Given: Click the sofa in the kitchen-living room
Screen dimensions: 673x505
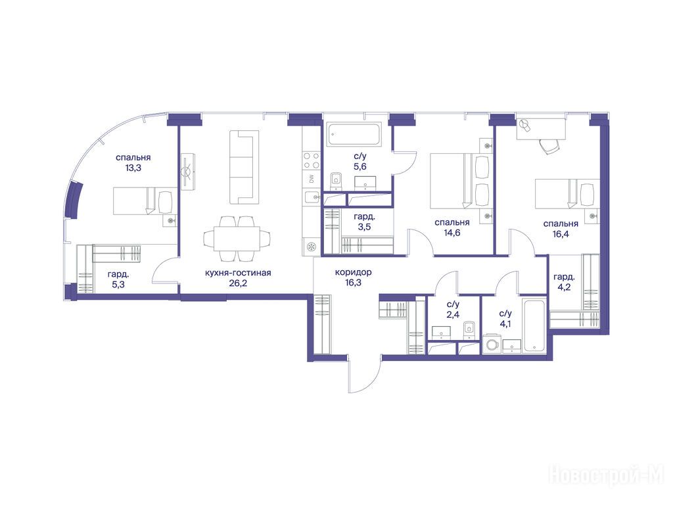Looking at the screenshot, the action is (x=244, y=167).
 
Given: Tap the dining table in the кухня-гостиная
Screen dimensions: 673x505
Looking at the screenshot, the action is (x=237, y=238).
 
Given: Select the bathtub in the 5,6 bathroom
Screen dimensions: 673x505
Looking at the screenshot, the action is (x=354, y=134).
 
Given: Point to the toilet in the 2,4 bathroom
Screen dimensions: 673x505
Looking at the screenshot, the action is (x=469, y=329).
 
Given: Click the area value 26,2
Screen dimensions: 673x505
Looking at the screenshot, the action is (x=238, y=283).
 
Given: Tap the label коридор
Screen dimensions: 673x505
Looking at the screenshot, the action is (x=353, y=272).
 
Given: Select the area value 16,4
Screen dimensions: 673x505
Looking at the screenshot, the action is (x=561, y=235).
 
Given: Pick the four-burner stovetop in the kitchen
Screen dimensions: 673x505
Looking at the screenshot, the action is (x=312, y=160).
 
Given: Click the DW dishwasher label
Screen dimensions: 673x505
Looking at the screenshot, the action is (x=312, y=179).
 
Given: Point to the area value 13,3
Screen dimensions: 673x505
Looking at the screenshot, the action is (x=133, y=168).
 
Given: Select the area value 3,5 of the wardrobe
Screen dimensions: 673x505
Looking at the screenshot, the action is (x=364, y=227).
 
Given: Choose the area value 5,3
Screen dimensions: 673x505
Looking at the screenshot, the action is (x=118, y=284).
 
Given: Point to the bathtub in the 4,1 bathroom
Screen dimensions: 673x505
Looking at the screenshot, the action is (x=534, y=325).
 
